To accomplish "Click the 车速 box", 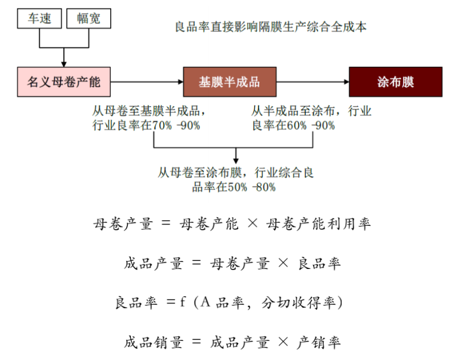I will (39, 19).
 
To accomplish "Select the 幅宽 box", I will (88, 19).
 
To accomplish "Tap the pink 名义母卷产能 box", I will (63, 82).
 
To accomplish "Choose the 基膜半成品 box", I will (229, 82).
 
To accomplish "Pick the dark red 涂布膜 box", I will (396, 82).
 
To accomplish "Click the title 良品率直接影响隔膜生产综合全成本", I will (270, 26).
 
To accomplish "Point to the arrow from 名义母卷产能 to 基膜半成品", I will (146, 82).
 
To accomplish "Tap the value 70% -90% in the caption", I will (176, 126).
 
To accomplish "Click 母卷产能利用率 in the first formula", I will (318, 225).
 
